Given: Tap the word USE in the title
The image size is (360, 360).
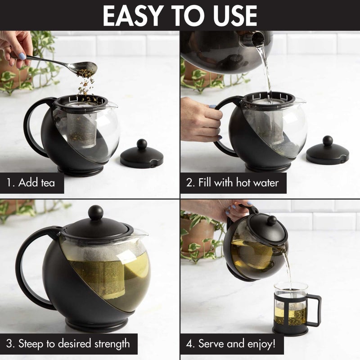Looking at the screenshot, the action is [x=234, y=16].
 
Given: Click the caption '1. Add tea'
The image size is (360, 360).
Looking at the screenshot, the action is [x=31, y=183].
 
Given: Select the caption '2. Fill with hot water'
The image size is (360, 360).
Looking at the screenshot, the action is [x=233, y=183].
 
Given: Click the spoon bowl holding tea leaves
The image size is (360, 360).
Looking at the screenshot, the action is [x=87, y=67].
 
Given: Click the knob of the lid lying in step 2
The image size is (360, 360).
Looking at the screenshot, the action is [x=328, y=141].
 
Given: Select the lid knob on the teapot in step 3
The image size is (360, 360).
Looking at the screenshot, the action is [x=95, y=212].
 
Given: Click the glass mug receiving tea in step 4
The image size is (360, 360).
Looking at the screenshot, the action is [x=290, y=306].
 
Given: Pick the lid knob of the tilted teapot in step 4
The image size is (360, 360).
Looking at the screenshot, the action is [x=272, y=220].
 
